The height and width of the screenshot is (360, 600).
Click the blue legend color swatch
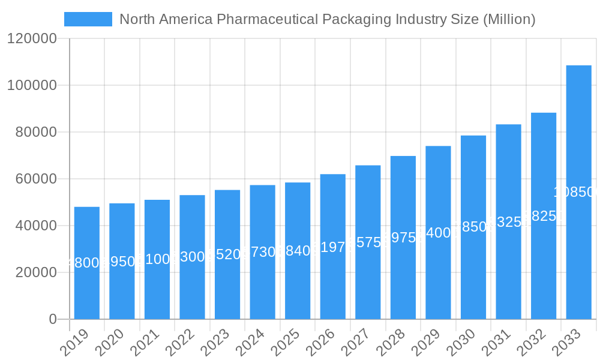(88, 19)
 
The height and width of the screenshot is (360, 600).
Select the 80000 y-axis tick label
(35, 132)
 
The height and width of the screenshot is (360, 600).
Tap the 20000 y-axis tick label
(35, 272)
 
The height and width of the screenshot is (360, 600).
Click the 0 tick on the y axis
(53, 319)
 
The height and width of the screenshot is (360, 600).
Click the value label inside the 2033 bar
(576, 192)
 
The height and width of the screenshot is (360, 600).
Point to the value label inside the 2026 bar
(333, 247)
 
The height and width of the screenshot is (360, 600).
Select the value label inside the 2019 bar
(87, 263)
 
